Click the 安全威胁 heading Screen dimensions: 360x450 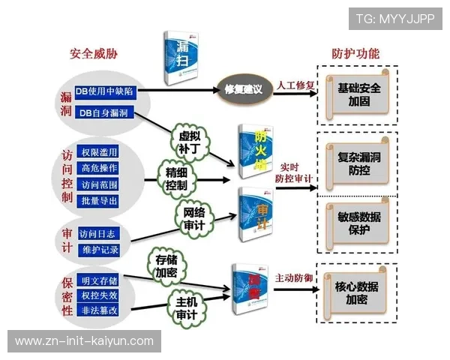(x=93, y=54)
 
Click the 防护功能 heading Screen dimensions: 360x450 (x=355, y=54)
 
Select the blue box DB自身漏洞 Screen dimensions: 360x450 (x=103, y=112)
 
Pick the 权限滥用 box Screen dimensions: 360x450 (x=99, y=152)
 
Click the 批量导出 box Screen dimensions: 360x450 (x=99, y=200)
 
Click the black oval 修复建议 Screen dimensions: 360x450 (x=243, y=89)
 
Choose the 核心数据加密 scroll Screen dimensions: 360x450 (x=356, y=292)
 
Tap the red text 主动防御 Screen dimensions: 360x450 (x=294, y=277)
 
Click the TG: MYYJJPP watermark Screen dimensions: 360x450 (x=395, y=19)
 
